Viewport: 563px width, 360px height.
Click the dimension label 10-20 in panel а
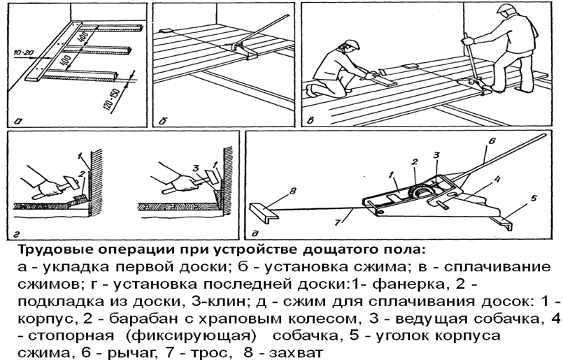click(23, 53)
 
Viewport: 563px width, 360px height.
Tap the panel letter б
click(163, 122)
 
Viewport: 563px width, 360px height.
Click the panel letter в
click(311, 121)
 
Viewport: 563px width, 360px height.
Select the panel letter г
click(17, 235)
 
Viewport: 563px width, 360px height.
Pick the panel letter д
click(255, 234)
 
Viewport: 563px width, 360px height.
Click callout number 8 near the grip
click(292, 191)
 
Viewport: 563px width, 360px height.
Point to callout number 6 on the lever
click(492, 141)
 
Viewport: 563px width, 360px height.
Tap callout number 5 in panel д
click(534, 198)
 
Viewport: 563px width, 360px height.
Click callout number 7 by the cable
click(337, 223)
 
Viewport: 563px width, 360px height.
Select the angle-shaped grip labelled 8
click(264, 212)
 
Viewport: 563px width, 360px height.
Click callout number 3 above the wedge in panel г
click(196, 168)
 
